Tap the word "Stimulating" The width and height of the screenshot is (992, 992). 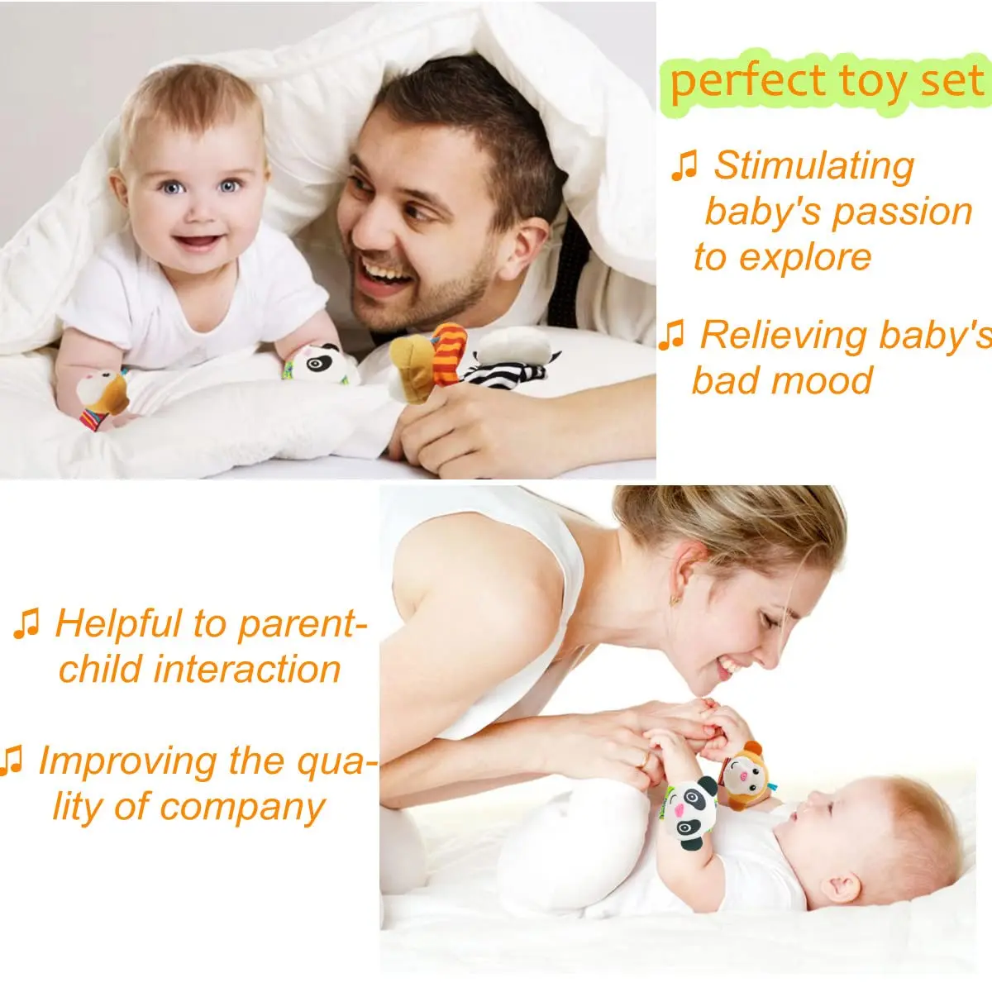tap(813, 165)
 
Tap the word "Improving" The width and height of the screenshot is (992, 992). tap(127, 761)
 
